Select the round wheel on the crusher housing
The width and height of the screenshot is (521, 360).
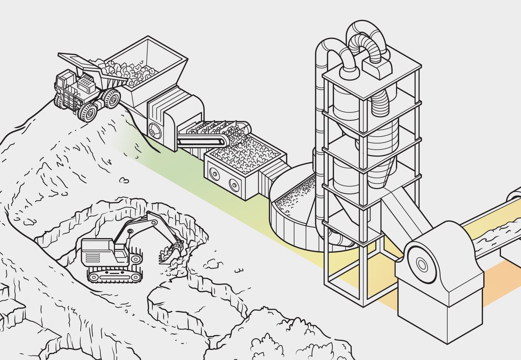[155, 131]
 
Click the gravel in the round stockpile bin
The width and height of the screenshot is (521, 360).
[293, 197]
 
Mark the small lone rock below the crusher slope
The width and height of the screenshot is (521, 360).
[124, 180]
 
